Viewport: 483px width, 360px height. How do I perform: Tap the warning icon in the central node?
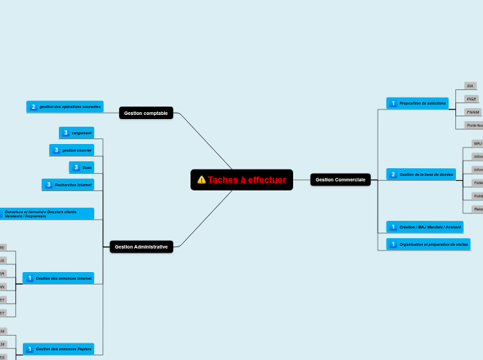(202, 180)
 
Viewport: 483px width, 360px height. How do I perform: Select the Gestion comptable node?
(146, 113)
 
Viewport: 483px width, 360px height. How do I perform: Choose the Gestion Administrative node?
(141, 246)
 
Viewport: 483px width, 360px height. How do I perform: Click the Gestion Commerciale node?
(340, 180)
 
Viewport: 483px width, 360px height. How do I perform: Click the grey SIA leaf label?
(470, 86)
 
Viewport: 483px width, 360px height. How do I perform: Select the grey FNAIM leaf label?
(473, 112)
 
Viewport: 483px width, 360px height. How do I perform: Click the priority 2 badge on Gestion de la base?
(393, 174)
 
